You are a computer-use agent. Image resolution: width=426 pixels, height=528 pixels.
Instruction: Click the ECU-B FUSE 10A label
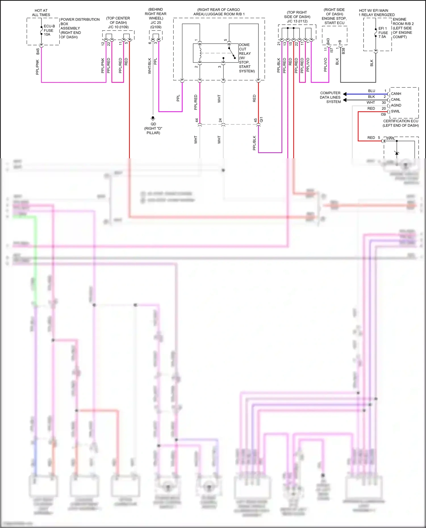point(49,30)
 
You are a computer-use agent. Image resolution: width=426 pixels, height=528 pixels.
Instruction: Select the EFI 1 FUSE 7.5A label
point(383,33)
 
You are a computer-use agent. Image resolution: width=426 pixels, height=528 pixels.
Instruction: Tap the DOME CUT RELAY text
point(245,49)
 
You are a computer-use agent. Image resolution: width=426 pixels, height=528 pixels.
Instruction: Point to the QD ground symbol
point(153,118)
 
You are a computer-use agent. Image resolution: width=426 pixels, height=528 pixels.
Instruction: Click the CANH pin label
point(396,94)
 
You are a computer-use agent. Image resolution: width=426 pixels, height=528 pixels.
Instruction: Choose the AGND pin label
point(396,105)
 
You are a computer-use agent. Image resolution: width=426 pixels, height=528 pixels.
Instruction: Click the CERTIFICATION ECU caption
point(400,121)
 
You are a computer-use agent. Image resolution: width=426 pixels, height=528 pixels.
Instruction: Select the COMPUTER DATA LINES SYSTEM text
point(330,97)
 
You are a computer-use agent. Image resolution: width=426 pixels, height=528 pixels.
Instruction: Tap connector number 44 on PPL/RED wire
point(197,120)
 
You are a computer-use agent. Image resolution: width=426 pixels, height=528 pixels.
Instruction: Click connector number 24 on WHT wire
point(220,120)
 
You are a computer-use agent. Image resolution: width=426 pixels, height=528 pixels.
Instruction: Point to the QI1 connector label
point(262,119)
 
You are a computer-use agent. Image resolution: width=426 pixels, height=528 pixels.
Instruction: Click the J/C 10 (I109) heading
point(118,27)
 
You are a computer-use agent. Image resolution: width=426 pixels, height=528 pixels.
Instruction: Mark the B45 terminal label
point(38,51)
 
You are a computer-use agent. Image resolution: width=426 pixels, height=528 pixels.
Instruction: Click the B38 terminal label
point(343,51)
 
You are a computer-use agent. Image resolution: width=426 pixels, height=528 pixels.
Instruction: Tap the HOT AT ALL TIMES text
point(41,12)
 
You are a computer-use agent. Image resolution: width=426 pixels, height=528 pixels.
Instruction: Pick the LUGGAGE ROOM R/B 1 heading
point(219,14)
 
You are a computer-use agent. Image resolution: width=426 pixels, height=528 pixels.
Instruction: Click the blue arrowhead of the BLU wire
point(344,94)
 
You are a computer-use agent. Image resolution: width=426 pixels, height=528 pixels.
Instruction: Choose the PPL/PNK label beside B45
point(37,67)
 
